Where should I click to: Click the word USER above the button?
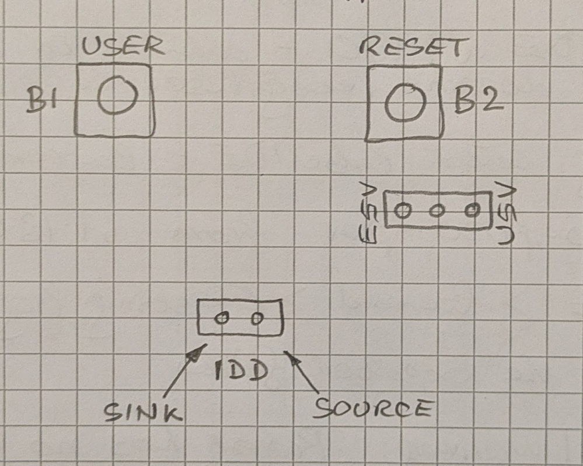pyautogui.click(x=123, y=47)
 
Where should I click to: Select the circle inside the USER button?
pyautogui.click(x=117, y=96)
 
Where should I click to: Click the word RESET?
pyautogui.click(x=413, y=47)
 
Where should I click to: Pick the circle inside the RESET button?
pyautogui.click(x=404, y=103)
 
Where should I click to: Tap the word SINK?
pyautogui.click(x=142, y=412)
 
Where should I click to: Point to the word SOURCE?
pyautogui.click(x=372, y=409)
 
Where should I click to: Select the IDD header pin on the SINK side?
pyautogui.click(x=222, y=318)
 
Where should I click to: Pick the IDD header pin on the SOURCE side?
pyautogui.click(x=257, y=318)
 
